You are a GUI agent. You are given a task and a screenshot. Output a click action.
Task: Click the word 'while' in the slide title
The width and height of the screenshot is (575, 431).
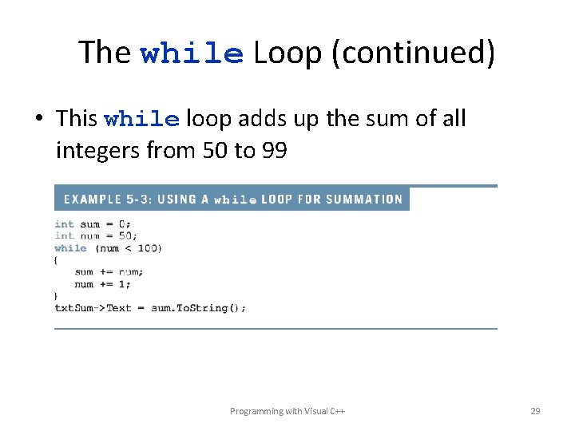click(192, 53)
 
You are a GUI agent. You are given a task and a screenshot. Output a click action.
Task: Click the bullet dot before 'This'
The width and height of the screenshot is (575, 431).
click(38, 120)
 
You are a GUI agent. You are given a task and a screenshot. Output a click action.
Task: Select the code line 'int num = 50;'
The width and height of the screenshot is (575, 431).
click(96, 236)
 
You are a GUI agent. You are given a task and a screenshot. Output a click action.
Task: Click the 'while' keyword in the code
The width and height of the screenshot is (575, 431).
click(70, 248)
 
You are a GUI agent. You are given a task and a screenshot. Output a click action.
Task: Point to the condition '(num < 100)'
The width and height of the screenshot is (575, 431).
click(128, 248)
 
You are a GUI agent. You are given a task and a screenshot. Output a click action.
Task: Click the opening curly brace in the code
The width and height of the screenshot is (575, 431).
click(57, 260)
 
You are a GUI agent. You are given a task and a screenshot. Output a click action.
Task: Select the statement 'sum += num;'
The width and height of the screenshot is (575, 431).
click(109, 272)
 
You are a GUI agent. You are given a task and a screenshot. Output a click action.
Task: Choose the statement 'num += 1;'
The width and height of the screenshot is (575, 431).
click(102, 284)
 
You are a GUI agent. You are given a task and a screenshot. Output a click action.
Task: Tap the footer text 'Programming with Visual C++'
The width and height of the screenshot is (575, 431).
click(287, 411)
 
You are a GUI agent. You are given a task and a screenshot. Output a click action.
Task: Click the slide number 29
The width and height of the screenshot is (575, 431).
click(535, 411)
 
